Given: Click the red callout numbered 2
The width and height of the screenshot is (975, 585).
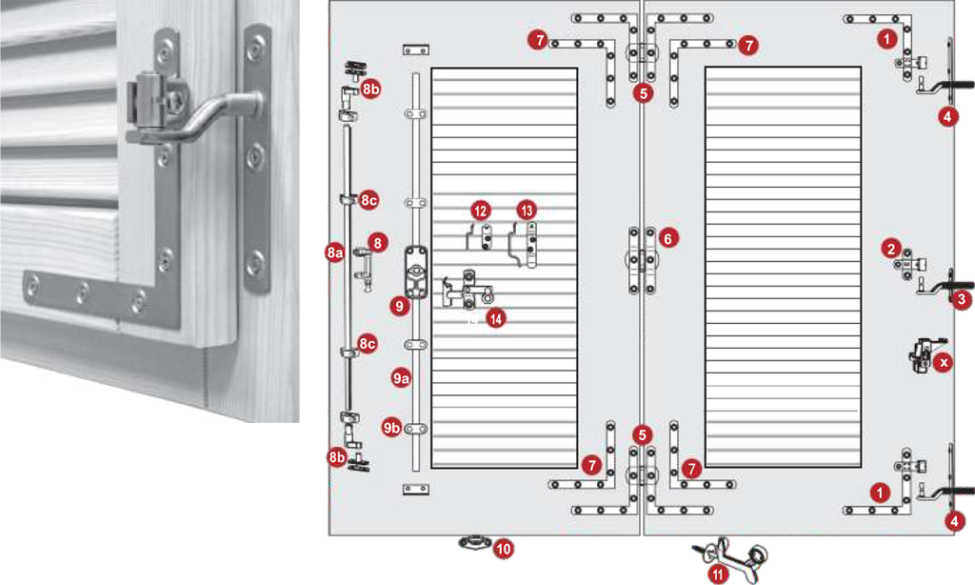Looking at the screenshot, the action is pos(891,249).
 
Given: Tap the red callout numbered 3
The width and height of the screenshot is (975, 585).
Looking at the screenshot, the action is pos(962,299).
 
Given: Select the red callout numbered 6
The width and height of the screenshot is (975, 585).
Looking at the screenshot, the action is pos(667,238).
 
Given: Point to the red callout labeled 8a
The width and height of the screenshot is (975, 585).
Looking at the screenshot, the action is pos(334,252).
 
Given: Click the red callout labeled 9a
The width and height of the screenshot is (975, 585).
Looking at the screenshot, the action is pos(401,377).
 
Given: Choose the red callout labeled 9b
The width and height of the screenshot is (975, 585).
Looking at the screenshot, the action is pos(391,428).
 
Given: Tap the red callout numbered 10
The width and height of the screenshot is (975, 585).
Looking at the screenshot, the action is pos(504,549).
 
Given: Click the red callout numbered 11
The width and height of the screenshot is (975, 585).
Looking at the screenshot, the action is pos(718,574).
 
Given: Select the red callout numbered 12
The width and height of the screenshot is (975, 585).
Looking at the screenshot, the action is pos(480,211).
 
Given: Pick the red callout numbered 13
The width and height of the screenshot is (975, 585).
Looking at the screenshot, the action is pos(527,211).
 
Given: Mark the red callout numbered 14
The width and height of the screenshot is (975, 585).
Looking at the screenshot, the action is pos(495,319).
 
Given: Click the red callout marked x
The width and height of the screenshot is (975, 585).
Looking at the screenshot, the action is pos(944,362).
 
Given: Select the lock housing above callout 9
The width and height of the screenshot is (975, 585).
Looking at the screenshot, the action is pos(415,272).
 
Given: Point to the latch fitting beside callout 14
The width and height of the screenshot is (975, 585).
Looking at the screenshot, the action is pos(467,291).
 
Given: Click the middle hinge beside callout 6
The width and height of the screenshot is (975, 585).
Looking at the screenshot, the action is pos(642,260).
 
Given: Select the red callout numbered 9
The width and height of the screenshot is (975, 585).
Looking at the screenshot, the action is pos(399,306).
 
